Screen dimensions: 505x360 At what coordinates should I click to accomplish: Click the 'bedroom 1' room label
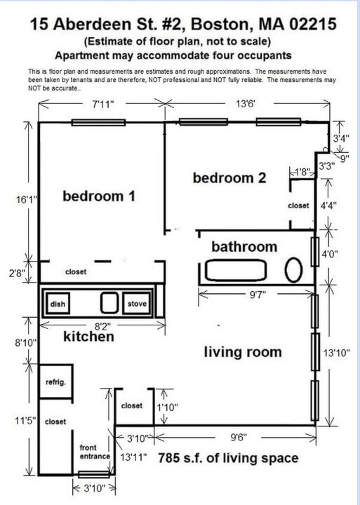click(x=98, y=196)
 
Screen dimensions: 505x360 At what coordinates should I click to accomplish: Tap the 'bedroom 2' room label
click(x=229, y=178)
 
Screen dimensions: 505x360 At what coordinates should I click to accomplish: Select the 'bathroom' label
click(x=244, y=247)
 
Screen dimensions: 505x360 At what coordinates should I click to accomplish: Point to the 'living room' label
click(x=243, y=351)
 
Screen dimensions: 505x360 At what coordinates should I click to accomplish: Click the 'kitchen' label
click(x=88, y=337)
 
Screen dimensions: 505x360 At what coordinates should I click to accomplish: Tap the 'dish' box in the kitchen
click(x=56, y=304)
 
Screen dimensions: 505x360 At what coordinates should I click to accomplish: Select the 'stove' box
click(x=137, y=304)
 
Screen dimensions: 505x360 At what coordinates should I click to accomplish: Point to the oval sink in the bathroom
click(x=295, y=270)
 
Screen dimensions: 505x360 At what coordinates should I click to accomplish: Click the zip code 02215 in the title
click(x=308, y=25)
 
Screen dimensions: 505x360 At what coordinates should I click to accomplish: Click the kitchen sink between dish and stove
click(x=109, y=303)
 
